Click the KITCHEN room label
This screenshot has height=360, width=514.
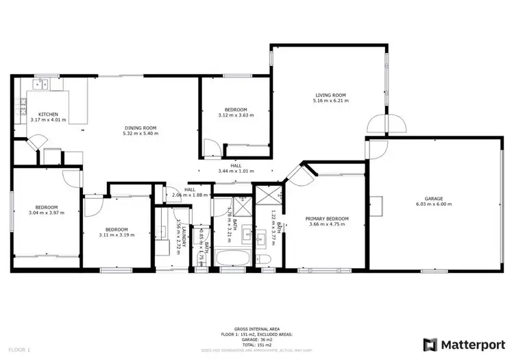(47, 114)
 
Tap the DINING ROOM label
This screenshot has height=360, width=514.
(140, 128)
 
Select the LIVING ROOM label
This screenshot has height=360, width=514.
(330, 95)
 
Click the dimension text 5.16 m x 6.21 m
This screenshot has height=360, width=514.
(330, 101)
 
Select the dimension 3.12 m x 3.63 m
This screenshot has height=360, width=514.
(236, 115)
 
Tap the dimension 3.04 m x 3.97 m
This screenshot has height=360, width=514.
(47, 213)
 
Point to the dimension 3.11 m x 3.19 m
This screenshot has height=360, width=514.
(117, 235)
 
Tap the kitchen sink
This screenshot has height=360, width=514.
(39, 85)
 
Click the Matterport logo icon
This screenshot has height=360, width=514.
(430, 344)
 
